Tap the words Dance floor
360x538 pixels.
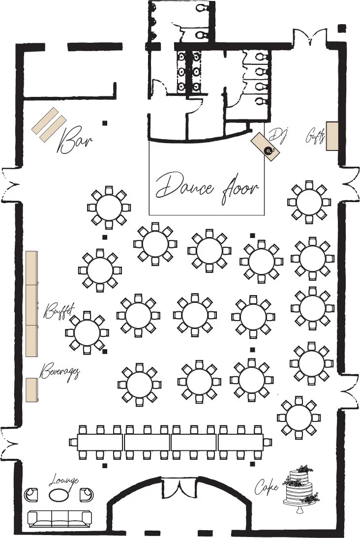point(207,188)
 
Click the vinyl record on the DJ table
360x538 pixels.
point(269,150)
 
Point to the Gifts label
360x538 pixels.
point(315,136)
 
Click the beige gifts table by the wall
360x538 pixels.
point(332,136)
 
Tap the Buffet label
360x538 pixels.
point(59,310)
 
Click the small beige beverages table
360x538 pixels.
point(32,389)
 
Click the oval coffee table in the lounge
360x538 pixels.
point(59,494)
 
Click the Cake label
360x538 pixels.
point(266,486)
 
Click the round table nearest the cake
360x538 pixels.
point(299,418)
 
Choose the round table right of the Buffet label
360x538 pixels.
point(87,332)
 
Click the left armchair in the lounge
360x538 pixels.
point(31,494)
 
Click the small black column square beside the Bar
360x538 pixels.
point(105,123)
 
